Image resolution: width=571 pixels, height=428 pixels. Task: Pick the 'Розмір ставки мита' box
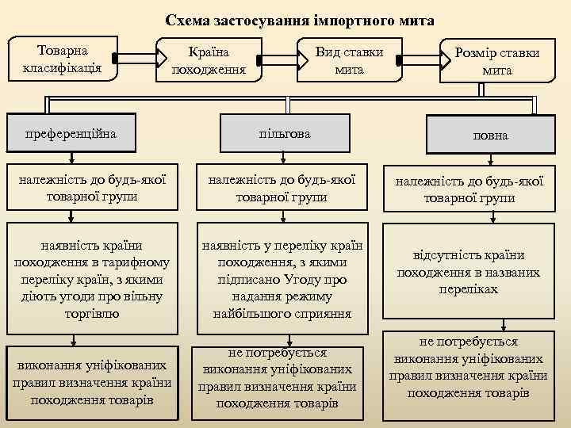(496, 62)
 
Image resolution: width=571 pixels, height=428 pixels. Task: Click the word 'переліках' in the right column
(468, 289)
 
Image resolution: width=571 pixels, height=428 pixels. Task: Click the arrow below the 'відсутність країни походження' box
(503, 326)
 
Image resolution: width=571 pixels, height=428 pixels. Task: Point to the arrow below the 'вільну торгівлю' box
(74, 339)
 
